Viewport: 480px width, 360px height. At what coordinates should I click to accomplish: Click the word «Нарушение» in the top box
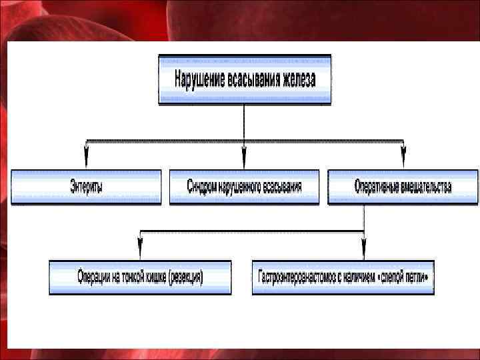197,79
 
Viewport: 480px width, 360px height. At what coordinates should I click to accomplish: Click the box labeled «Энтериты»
86,187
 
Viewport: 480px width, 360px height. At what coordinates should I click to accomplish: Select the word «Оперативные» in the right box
376,187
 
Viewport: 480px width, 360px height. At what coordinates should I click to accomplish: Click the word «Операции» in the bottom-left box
98,277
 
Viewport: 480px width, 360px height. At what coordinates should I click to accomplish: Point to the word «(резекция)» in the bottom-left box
185,277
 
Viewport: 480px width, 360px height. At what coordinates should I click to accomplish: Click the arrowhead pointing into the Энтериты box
86,161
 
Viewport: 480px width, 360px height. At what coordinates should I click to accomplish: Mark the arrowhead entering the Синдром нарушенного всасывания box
244,161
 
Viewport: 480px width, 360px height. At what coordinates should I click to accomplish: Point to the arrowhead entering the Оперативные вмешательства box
403,161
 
